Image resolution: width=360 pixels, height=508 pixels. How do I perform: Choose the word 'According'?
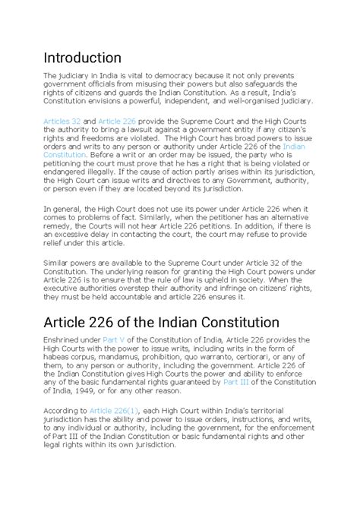(x=64, y=410)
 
